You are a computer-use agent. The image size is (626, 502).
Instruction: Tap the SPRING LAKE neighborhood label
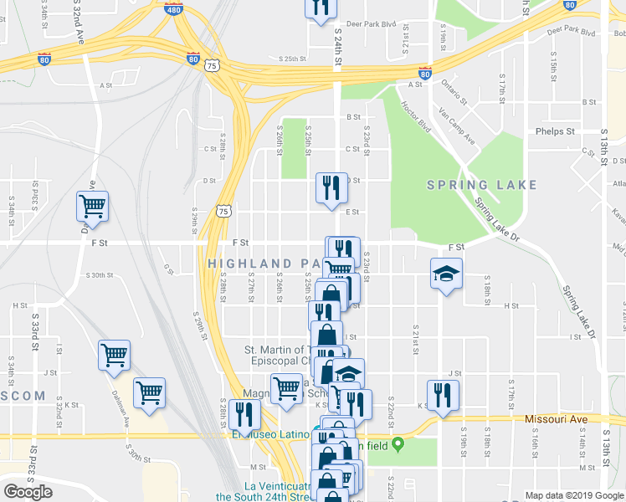[x=481, y=185]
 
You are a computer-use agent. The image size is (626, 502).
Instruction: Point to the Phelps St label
[x=556, y=131]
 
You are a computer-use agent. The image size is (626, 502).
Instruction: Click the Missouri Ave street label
[x=557, y=418]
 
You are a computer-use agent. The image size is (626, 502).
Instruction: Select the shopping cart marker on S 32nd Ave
[x=93, y=206]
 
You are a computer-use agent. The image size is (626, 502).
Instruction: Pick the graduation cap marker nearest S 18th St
[x=446, y=274]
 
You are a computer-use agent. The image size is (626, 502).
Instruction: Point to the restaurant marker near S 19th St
[x=441, y=393]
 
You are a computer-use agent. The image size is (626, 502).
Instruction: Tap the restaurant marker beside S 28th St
[x=244, y=414]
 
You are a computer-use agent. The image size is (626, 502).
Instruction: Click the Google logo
[x=28, y=492]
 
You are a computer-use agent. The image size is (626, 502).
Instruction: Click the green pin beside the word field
[x=398, y=443]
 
